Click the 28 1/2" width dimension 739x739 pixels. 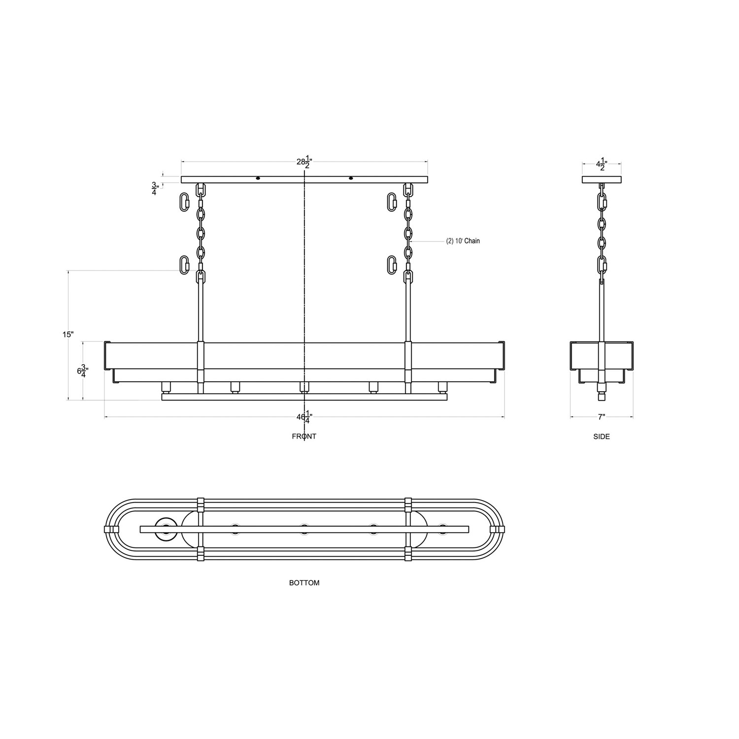tap(304, 162)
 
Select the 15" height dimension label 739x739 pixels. tap(68, 335)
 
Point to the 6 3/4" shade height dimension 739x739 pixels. tap(82, 371)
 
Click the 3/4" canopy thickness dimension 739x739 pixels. tap(155, 189)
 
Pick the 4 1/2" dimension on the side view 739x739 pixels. tap(602, 165)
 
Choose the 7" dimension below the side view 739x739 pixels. tap(602, 417)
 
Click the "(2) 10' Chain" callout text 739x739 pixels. tap(463, 241)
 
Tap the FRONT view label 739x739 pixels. tap(304, 437)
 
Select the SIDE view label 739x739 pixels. tap(602, 437)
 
